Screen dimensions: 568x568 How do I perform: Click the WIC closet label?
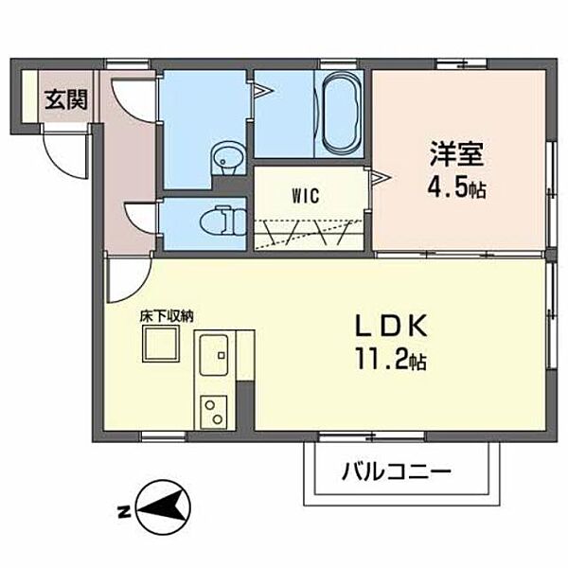click(305, 196)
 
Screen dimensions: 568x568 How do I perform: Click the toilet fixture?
click(222, 222)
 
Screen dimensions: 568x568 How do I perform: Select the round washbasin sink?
click(227, 156)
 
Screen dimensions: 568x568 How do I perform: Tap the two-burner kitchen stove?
click(213, 412)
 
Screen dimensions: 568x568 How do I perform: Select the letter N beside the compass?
click(123, 513)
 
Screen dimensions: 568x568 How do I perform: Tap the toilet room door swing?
click(142, 218)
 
